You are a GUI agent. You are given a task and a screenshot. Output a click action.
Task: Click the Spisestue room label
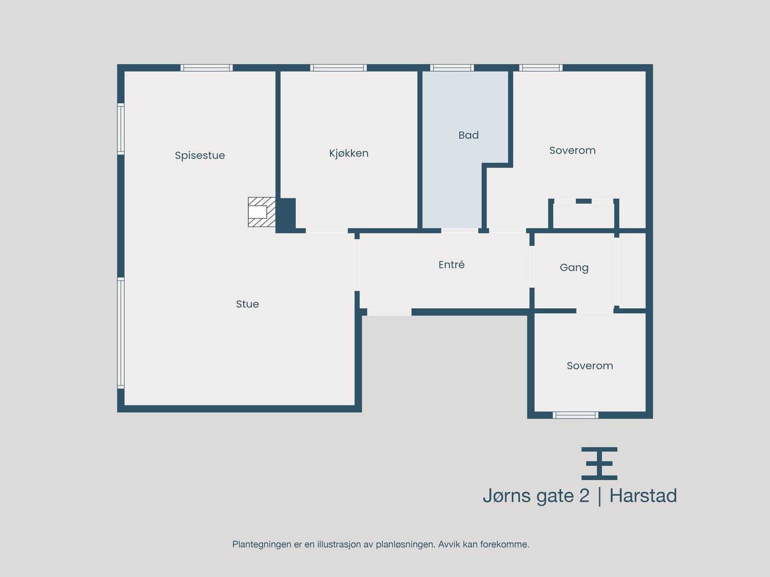tap(200, 155)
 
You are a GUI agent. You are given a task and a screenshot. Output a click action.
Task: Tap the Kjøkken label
tap(348, 153)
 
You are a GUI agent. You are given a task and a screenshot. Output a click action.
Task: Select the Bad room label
tap(468, 135)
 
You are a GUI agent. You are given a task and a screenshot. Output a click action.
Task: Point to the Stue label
tap(247, 304)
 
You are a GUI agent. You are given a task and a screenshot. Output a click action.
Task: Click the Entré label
tap(451, 264)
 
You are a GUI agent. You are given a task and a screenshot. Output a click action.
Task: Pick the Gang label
tap(574, 267)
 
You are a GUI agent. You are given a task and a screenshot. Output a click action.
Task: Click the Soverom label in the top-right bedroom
tap(572, 151)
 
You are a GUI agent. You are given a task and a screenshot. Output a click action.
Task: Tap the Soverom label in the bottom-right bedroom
tap(590, 366)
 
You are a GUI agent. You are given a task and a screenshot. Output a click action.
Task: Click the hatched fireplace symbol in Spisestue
tap(261, 212)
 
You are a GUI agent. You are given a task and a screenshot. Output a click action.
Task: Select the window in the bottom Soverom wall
tap(575, 415)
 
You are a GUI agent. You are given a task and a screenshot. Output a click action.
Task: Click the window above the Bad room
tap(451, 68)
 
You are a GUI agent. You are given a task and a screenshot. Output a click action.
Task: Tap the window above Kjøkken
tap(338, 68)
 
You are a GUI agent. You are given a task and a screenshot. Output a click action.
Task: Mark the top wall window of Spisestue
tap(206, 68)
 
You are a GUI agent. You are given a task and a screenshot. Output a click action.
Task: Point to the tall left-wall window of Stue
tap(121, 333)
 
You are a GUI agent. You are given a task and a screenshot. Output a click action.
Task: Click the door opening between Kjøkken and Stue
tap(326, 231)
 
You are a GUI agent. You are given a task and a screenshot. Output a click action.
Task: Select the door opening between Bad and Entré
tap(460, 231)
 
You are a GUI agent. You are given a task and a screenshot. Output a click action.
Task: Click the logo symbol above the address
tap(599, 463)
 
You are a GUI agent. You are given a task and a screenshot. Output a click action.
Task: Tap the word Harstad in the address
tap(643, 496)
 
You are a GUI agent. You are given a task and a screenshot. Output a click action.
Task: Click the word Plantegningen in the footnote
tap(262, 544)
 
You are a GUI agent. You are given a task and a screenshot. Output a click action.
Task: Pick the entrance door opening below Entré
tap(389, 312)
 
